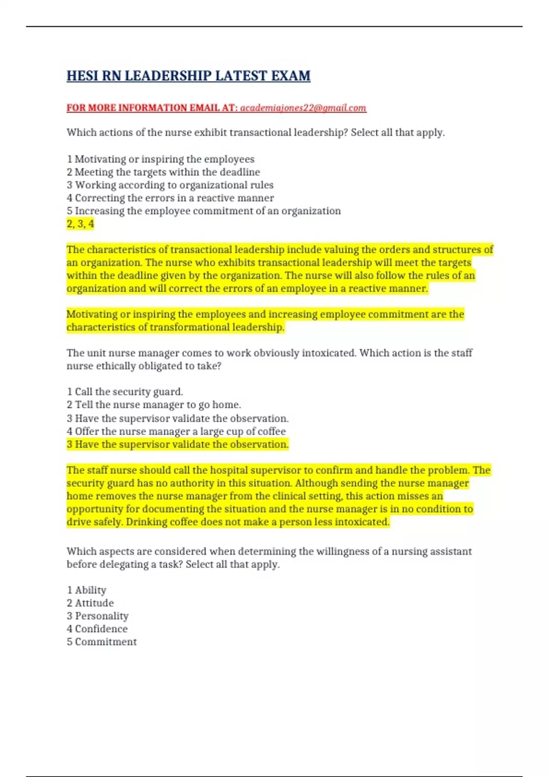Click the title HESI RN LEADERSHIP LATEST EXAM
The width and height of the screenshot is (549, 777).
click(x=188, y=75)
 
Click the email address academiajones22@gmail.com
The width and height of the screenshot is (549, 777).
click(x=303, y=108)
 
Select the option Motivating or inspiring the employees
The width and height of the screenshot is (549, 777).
click(x=161, y=159)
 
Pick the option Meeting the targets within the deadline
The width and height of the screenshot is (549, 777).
click(x=163, y=172)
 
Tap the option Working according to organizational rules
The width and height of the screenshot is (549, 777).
click(x=170, y=185)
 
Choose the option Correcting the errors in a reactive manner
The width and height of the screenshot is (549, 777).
click(x=170, y=198)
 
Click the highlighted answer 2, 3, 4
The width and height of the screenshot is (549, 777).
click(x=81, y=224)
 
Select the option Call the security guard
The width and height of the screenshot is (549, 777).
click(x=125, y=392)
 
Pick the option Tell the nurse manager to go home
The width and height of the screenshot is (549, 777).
click(x=154, y=404)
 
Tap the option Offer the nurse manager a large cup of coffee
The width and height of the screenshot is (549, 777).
click(x=176, y=431)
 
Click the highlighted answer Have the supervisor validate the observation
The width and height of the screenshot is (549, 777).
click(x=178, y=444)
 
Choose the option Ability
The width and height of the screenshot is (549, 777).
click(x=86, y=590)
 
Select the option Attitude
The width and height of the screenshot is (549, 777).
click(x=90, y=603)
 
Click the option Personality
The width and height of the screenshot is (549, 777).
click(x=97, y=616)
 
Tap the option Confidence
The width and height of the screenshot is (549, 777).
click(x=97, y=629)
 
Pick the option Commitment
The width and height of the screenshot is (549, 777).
click(x=102, y=642)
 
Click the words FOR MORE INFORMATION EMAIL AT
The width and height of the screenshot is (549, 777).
click(x=152, y=108)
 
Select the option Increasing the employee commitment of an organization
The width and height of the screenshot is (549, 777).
click(x=204, y=211)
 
